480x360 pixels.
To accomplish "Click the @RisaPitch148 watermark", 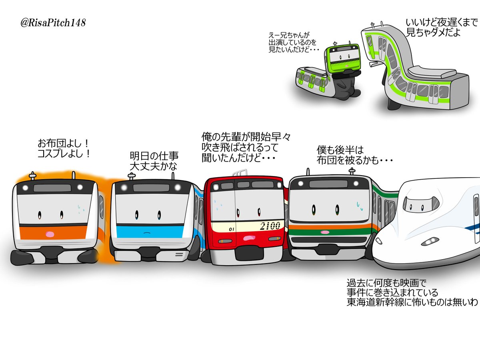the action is click(x=53, y=23).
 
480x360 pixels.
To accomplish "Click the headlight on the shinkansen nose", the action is click(x=430, y=242).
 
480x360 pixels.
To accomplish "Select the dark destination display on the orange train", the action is click(x=52, y=188).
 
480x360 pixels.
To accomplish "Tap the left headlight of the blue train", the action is click(x=124, y=188).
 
